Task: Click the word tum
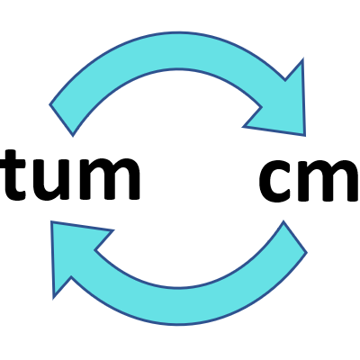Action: (69, 175)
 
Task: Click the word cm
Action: (309, 180)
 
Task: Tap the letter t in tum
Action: (13, 175)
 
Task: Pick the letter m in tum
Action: (110, 179)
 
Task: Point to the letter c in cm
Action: (276, 180)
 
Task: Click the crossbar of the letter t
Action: (13, 164)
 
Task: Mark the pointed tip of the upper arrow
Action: (305, 136)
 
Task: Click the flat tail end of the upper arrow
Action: (61, 120)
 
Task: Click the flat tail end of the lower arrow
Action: (295, 237)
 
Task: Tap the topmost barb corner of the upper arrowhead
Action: (302, 58)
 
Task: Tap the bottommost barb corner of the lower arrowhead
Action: (53, 299)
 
